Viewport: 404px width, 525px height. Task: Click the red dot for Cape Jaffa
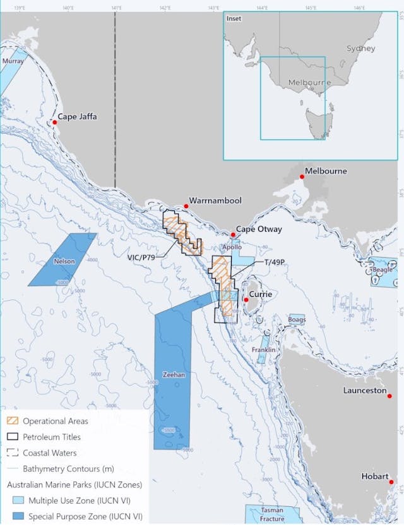(55, 122)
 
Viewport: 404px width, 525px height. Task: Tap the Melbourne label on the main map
(325, 171)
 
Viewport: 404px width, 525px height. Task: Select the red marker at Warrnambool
(186, 206)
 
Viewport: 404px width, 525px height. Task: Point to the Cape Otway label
(259, 229)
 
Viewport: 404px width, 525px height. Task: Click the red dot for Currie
(246, 300)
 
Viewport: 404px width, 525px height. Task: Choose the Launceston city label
(364, 391)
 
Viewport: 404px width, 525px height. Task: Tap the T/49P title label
(275, 262)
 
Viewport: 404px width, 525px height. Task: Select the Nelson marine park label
(64, 262)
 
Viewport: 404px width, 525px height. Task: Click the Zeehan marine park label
(173, 375)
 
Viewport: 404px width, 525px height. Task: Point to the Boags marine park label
(297, 320)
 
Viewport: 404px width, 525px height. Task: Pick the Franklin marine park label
(263, 350)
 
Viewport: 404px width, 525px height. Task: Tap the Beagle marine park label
(383, 270)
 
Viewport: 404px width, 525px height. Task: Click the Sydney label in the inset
(360, 49)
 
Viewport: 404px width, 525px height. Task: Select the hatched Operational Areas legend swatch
(12, 421)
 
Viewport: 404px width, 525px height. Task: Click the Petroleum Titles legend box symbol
(12, 437)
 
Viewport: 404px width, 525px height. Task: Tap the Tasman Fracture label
(273, 514)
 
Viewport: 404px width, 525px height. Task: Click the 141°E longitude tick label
(116, 8)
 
